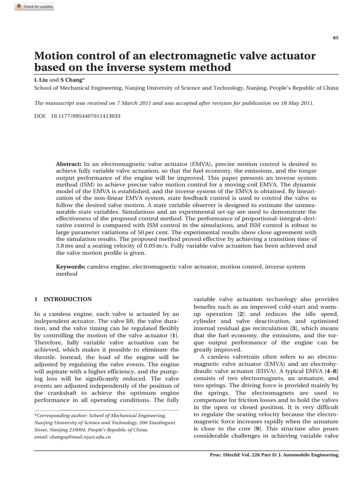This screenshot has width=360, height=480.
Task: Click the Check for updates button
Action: point(34,7)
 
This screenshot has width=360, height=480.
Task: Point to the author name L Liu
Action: point(42,80)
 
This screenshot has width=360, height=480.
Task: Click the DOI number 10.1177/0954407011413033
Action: point(85,115)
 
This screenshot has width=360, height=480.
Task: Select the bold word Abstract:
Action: point(69,164)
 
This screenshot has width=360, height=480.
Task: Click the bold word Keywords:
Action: point(71,266)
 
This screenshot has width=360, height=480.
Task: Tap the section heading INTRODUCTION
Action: point(67,300)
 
